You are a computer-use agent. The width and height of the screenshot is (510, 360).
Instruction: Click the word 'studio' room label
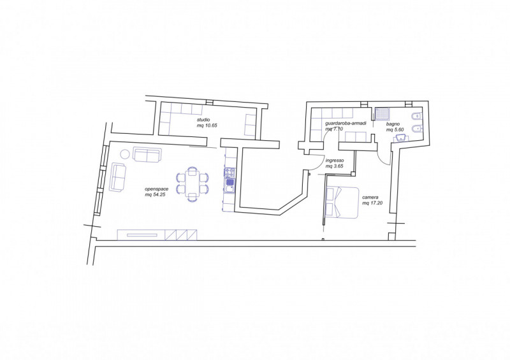[203, 120]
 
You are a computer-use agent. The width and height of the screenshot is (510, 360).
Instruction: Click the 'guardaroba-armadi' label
[346, 124]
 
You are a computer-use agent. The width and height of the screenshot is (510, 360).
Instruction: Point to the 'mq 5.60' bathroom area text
[395, 129]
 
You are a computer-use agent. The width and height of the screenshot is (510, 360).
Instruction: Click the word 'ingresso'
[335, 161]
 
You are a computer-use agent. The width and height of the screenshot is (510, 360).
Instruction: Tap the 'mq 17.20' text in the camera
[372, 203]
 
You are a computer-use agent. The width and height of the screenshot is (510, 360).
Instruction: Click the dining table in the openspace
[193, 184]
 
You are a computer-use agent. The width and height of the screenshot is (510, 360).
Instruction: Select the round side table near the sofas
[125, 154]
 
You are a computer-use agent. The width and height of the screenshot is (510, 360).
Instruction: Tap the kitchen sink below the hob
[229, 185]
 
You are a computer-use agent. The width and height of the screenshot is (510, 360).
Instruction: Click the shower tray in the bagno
[382, 114]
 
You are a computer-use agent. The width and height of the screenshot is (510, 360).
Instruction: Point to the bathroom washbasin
[402, 138]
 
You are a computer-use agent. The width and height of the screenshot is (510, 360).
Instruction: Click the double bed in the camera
[342, 202]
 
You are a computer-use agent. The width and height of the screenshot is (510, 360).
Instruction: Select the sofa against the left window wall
[119, 177]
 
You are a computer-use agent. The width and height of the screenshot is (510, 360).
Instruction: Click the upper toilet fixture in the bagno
[416, 117]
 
